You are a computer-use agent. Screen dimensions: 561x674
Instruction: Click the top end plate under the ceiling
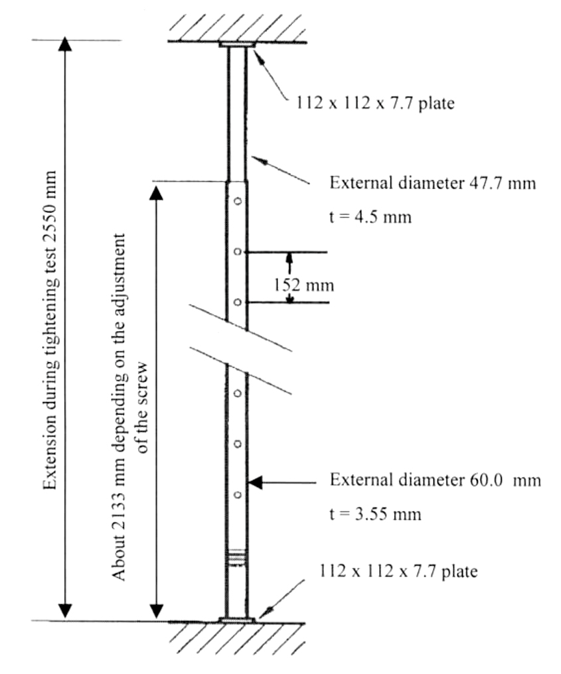click(237, 44)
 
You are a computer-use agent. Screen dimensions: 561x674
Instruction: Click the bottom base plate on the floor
click(236, 620)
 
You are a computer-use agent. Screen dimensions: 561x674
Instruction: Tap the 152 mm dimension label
click(304, 285)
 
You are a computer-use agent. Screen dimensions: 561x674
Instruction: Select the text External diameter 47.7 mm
click(433, 183)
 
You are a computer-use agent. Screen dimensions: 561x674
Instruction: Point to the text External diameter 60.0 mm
click(436, 480)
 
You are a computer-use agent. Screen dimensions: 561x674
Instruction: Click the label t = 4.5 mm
click(370, 217)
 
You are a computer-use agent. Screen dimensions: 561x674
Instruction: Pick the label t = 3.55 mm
click(375, 513)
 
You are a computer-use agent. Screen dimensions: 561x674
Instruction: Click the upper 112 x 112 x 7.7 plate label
click(375, 103)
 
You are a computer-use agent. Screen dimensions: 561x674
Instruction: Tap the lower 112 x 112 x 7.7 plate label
click(398, 571)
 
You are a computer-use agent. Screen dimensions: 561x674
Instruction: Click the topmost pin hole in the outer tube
click(237, 201)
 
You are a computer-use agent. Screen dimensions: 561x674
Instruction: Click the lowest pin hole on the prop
click(237, 495)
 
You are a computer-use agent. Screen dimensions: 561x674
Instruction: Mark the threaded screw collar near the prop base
click(236, 558)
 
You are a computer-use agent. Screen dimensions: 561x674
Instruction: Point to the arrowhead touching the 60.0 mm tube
click(255, 483)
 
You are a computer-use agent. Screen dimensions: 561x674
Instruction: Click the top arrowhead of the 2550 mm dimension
click(65, 44)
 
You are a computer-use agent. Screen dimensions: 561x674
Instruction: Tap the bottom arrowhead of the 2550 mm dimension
click(65, 611)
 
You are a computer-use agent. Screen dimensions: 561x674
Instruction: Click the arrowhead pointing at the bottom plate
click(270, 610)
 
